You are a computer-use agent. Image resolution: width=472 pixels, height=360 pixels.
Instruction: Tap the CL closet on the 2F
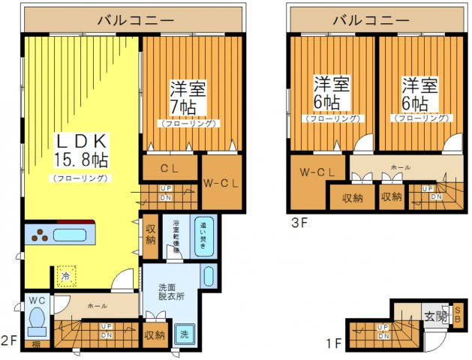point(170,167)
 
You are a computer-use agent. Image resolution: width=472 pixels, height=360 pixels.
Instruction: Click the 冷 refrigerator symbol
point(67,276)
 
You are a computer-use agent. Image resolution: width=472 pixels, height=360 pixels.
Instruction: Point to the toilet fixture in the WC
point(36,323)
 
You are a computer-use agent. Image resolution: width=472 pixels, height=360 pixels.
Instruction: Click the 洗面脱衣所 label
point(171,291)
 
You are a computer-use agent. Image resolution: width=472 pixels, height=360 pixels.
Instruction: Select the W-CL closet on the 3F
point(317,172)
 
